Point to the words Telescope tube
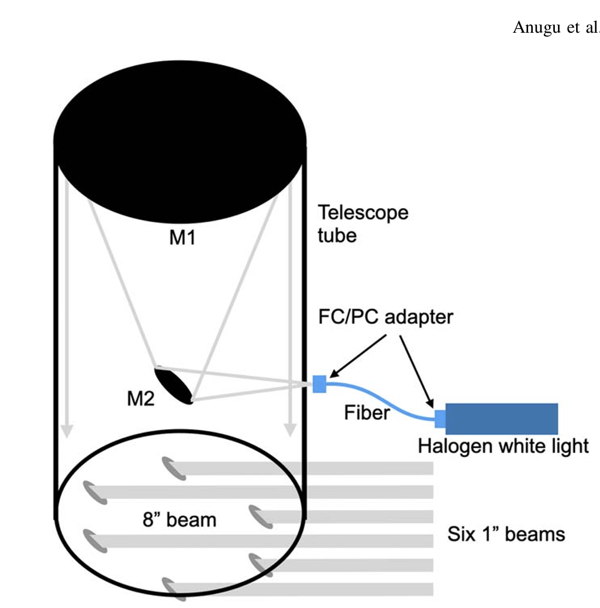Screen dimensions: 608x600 [x=363, y=223]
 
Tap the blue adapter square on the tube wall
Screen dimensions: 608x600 [x=319, y=384]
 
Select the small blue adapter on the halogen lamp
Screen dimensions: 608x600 [x=440, y=419]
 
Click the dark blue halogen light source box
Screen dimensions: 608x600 [x=502, y=419]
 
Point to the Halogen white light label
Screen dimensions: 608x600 [x=503, y=447]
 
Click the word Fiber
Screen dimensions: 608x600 [x=365, y=413]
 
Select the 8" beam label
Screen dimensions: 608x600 [x=179, y=519]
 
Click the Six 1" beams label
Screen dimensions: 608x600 [x=506, y=534]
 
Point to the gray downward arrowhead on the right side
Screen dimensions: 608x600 [x=289, y=430]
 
